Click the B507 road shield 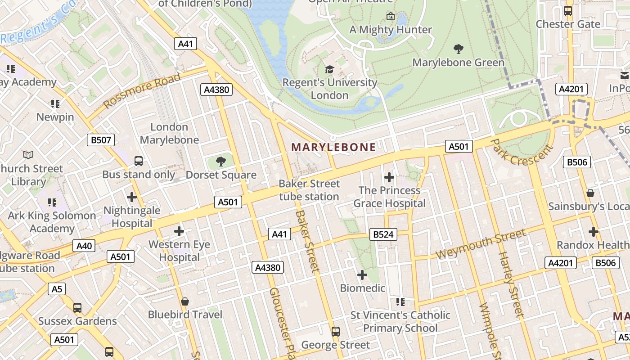click(x=101, y=140)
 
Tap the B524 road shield click(x=383, y=234)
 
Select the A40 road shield click(x=84, y=246)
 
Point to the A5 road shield click(x=57, y=288)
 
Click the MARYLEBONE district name click(x=333, y=147)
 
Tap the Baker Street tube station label click(x=309, y=190)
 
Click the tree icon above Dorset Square click(x=220, y=162)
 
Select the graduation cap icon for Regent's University click(x=329, y=69)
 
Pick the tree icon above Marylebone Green click(x=458, y=49)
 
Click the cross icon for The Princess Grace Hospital click(x=389, y=177)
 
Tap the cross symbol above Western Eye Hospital click(x=179, y=231)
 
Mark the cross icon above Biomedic click(x=362, y=274)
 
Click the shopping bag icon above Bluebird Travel click(x=185, y=301)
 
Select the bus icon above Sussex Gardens click(x=77, y=308)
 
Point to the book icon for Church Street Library click(x=28, y=155)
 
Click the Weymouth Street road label click(x=480, y=244)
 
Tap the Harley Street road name click(x=511, y=283)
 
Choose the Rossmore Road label click(x=142, y=90)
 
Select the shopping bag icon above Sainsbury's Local click(x=590, y=193)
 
